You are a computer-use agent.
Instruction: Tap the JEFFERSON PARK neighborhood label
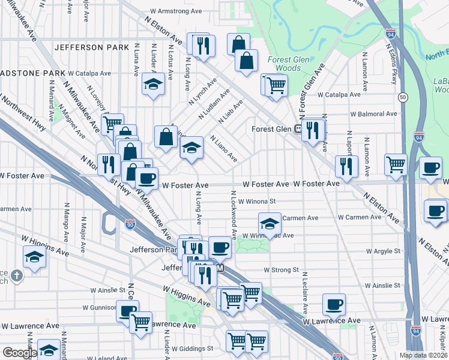(x=91, y=47)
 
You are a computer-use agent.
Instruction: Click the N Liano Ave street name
(x=223, y=149)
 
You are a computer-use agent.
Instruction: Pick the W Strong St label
(x=280, y=270)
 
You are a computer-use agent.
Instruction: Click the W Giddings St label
(x=192, y=348)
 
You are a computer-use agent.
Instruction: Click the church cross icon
(x=18, y=277)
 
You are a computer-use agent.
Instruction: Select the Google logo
(x=19, y=353)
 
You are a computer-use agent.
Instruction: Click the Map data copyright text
(x=423, y=355)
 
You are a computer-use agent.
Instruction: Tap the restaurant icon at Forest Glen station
(x=313, y=130)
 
